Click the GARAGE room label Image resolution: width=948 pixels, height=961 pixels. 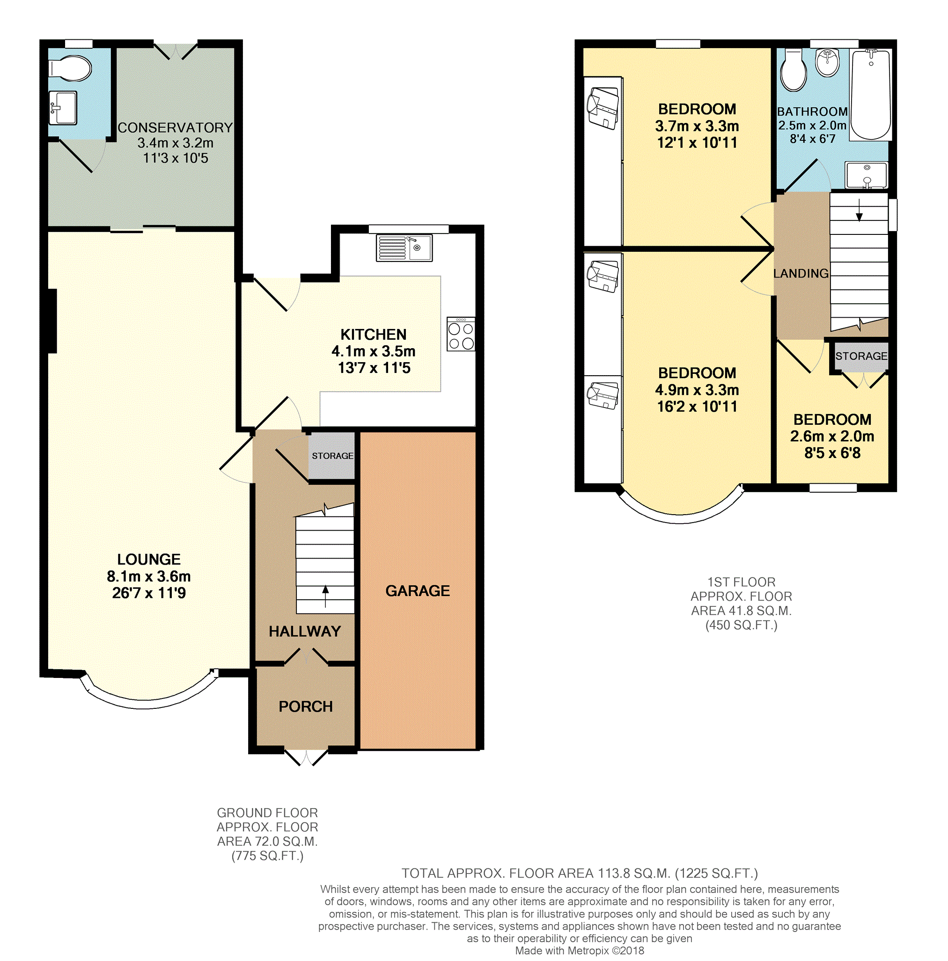(417, 590)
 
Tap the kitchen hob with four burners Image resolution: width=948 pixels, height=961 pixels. (460, 334)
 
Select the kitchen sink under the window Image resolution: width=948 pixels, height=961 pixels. (404, 248)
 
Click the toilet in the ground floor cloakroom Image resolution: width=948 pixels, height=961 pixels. (71, 68)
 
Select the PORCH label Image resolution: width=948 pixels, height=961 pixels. (305, 706)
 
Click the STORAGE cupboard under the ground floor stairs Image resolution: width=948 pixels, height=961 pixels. (332, 456)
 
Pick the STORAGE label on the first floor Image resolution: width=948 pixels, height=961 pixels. (860, 356)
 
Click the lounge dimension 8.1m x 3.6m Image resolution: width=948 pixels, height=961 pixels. (148, 576)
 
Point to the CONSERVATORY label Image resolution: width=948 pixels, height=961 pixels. (175, 128)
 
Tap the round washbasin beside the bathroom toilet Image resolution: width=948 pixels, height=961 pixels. (827, 63)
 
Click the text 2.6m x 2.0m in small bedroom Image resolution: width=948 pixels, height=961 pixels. (831, 436)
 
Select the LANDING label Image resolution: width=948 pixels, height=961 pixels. (800, 274)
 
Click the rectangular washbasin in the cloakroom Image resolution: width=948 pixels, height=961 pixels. (63, 108)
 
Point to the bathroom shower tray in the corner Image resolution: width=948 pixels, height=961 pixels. (866, 175)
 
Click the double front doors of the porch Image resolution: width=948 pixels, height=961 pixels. (306, 757)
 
